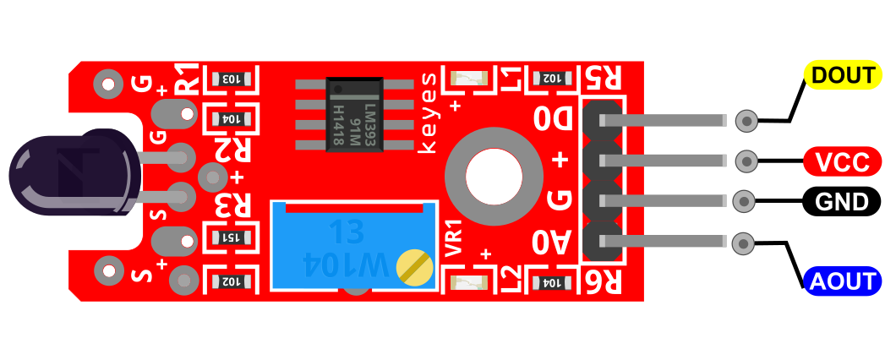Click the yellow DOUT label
[843, 75]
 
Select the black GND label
[841, 201]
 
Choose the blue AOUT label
[842, 281]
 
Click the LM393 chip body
[354, 115]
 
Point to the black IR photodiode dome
[74, 172]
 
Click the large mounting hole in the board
[494, 176]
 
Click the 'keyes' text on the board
[428, 112]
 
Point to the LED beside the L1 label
[468, 78]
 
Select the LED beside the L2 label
[468, 281]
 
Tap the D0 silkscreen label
[552, 119]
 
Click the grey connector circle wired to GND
[744, 201]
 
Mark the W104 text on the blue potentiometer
[346, 265]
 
